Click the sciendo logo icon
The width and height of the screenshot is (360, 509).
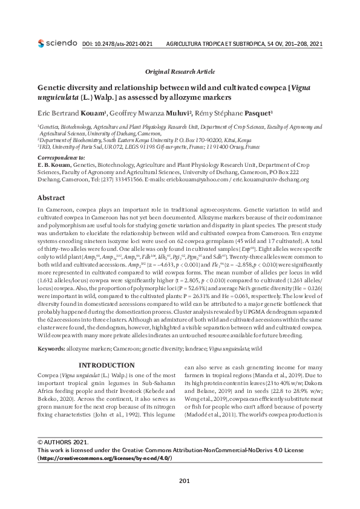tap(41, 44)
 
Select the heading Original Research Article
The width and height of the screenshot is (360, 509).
tap(180, 71)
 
